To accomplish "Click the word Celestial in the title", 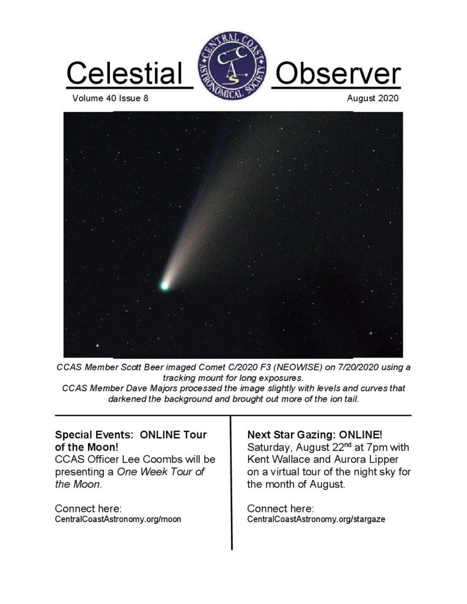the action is click(x=124, y=73).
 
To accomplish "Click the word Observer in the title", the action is click(x=338, y=73).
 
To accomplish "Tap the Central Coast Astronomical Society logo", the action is click(x=232, y=66).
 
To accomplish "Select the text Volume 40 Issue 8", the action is click(x=110, y=99).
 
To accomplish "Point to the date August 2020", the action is click(x=373, y=99).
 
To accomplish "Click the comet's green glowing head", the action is click(x=165, y=285).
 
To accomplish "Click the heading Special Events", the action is click(x=94, y=435).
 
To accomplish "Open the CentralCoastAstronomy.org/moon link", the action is click(x=118, y=519).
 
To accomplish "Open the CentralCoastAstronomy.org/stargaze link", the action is click(x=316, y=519).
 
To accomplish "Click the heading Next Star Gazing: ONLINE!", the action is click(x=315, y=435).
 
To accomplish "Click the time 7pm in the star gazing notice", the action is click(x=377, y=448).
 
